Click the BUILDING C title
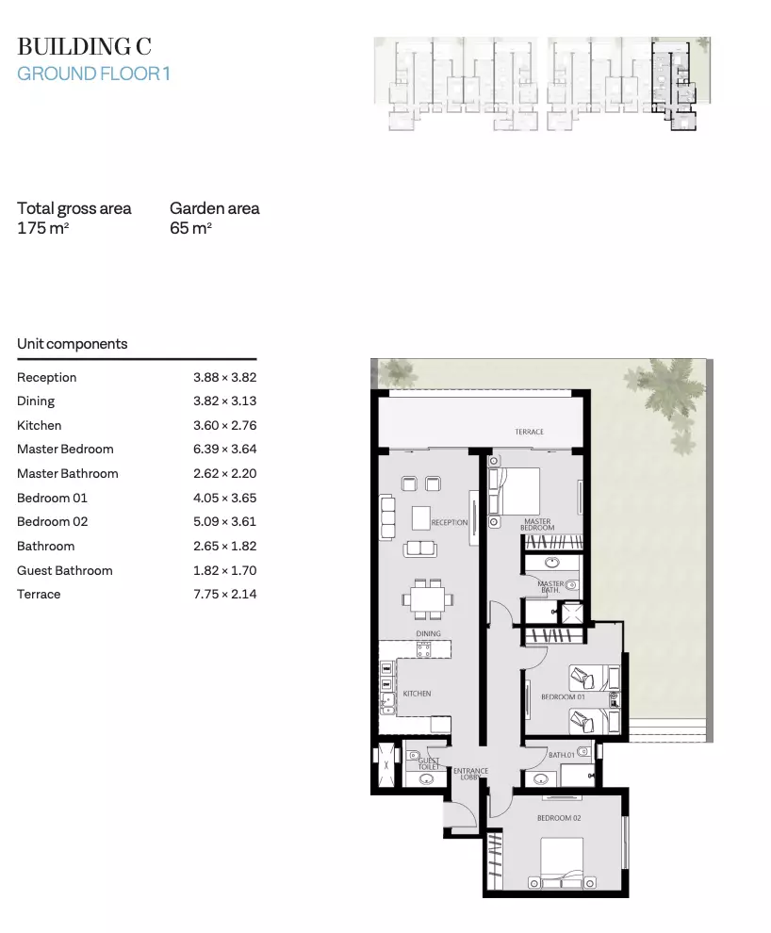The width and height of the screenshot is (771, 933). pos(84,46)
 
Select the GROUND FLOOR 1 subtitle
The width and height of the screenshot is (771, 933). pos(93,74)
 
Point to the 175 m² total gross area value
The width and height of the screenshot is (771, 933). pos(42,228)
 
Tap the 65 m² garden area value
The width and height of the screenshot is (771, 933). pos(191,228)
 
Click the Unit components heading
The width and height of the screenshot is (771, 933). pos(72,344)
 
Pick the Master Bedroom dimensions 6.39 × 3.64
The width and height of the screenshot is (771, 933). pos(225,450)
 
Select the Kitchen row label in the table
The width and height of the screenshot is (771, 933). pos(40,425)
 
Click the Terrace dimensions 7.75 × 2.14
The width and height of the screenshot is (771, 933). pos(225,594)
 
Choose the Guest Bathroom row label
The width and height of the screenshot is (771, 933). pos(65,570)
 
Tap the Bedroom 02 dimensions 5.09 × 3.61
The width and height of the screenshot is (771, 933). pos(225,522)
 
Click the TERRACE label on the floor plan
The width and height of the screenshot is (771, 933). pos(530,432)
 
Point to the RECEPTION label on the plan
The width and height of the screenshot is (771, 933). pos(450,522)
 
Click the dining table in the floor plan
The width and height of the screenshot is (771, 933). pos(428,598)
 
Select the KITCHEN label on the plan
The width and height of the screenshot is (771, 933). pos(417,694)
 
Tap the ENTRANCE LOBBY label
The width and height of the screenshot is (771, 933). pos(470,774)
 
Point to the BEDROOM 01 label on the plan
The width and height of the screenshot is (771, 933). pos(563,696)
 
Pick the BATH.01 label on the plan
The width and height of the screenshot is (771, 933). pos(562,755)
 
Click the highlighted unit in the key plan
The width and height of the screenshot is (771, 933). pos(673,83)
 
